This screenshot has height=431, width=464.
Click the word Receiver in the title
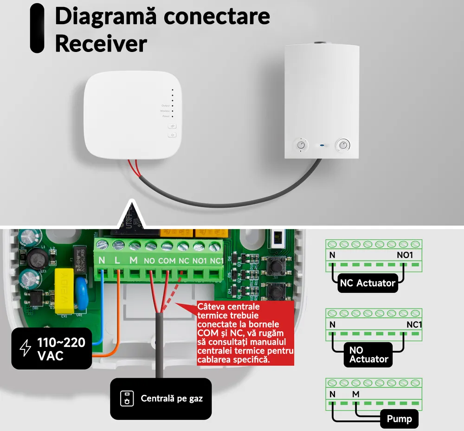(x=101, y=44)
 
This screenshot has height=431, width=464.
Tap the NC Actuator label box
(x=367, y=283)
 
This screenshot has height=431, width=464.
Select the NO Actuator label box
(x=368, y=354)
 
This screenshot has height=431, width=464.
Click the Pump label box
(x=399, y=419)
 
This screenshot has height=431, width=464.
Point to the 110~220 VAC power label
(x=52, y=349)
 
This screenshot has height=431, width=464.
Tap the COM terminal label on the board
(x=167, y=261)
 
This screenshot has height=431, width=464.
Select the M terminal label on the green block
(x=134, y=261)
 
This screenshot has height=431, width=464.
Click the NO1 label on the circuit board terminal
(x=200, y=261)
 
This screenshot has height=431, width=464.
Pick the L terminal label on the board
(x=117, y=261)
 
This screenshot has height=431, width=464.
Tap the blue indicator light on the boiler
(x=322, y=145)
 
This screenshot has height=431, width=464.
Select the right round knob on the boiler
(x=343, y=145)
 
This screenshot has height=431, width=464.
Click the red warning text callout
(x=245, y=333)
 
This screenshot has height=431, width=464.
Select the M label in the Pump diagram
(x=355, y=394)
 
